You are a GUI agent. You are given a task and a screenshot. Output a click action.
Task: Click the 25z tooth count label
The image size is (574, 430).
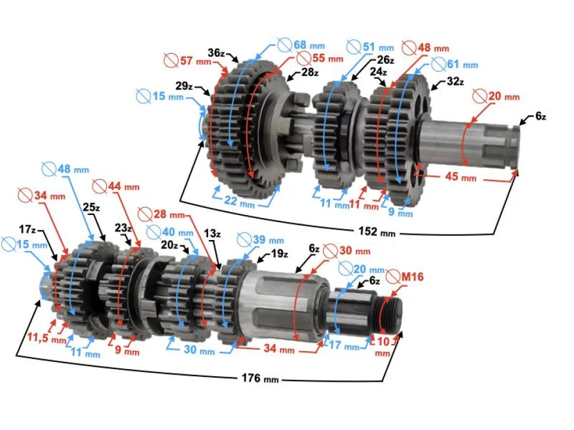[x=93, y=207]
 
